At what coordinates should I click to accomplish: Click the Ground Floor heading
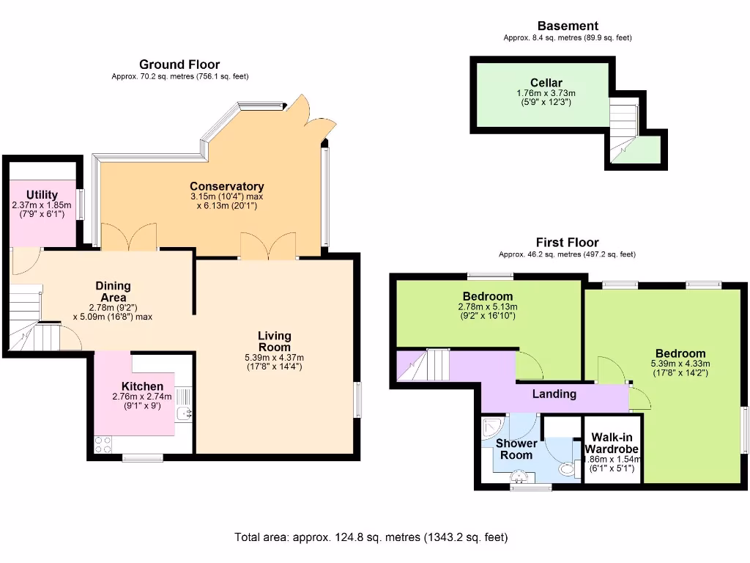179,65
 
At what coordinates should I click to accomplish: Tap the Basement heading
568,26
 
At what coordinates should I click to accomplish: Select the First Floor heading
567,242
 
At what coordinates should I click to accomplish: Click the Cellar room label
546,83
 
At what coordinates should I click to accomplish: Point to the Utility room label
42,195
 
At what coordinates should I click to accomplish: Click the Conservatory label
226,186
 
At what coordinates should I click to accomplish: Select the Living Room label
275,341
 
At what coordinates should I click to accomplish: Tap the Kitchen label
142,386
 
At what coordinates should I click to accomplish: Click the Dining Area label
113,291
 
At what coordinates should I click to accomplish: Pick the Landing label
554,394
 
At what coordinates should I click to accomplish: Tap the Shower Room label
516,449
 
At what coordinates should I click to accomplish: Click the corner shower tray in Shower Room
491,426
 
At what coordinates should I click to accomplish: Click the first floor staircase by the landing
424,364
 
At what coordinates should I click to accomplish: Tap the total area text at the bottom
371,537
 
